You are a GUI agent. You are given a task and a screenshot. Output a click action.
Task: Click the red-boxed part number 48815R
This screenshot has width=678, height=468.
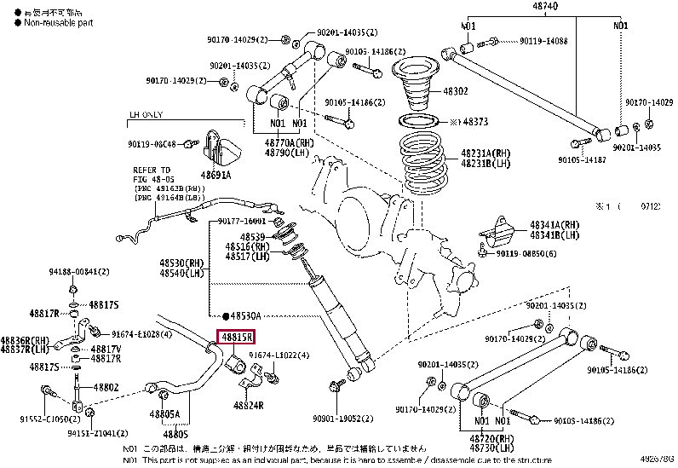236,338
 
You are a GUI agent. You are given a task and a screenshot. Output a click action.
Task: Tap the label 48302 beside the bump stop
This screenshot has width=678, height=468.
455,91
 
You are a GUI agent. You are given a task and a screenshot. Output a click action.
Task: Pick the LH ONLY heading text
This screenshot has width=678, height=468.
146,113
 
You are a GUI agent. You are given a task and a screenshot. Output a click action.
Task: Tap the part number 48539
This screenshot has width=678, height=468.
253,236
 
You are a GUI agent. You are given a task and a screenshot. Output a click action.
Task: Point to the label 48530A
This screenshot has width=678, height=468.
245,315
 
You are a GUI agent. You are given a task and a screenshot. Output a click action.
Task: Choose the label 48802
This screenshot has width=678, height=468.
106,387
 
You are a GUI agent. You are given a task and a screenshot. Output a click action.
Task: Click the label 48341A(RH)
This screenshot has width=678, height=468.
554,225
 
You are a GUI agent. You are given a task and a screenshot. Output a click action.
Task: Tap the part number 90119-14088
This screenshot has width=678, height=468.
543,41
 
